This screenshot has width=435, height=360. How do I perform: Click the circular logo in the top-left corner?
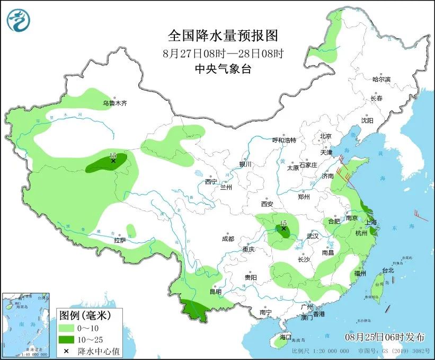[19, 20]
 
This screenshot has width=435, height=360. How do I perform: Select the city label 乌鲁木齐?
[115, 103]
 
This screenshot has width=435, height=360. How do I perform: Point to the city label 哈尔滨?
[381, 79]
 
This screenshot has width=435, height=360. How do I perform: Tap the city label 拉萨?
[120, 240]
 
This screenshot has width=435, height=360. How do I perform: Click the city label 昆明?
[215, 291]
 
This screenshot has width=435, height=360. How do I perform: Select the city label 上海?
[371, 222]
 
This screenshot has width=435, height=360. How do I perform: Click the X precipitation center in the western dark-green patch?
[113, 161]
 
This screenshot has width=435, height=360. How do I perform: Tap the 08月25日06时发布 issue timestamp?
[385, 337]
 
